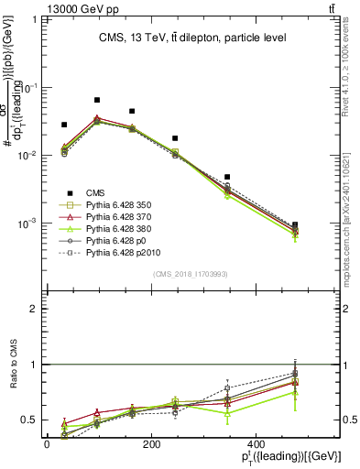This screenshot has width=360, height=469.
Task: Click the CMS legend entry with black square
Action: pos(97,191)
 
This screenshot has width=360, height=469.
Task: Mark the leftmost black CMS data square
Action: pos(64,125)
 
